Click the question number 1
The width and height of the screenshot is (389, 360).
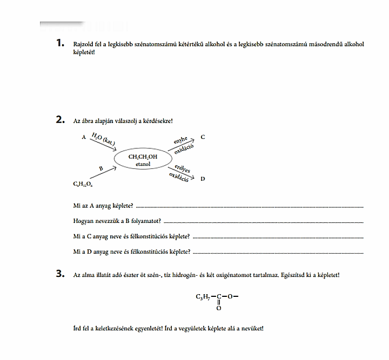[x=59, y=43]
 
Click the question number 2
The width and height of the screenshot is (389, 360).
[x=60, y=120]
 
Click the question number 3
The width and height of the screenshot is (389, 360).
[x=60, y=274]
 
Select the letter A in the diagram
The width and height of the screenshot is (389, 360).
[x=84, y=138]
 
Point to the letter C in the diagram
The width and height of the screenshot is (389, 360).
[x=203, y=137]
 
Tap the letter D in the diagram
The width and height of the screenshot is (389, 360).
[x=203, y=178]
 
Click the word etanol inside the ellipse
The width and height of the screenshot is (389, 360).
[x=143, y=164]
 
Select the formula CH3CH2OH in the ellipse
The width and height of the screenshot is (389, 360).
[x=143, y=157]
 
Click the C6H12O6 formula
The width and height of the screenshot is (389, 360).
[x=83, y=185]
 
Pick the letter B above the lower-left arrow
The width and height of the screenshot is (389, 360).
[x=100, y=168]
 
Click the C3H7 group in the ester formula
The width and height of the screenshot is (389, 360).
[x=203, y=296]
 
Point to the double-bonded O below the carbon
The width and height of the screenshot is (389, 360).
[x=219, y=309]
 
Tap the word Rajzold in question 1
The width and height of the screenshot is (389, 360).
[x=83, y=44]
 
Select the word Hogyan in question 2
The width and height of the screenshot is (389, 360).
[x=83, y=221]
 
